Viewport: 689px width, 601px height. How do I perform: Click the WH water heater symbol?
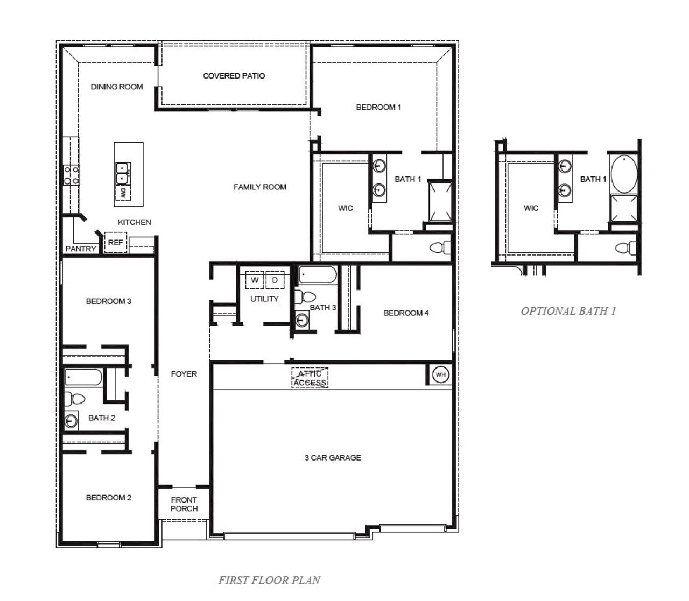[440, 375]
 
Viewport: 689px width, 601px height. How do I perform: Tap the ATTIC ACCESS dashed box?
[310, 378]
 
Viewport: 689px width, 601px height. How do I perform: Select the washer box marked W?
[255, 280]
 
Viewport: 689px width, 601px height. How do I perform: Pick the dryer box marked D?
[275, 280]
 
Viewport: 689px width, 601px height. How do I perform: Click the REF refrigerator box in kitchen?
[115, 243]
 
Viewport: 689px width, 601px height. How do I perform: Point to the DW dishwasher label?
[123, 192]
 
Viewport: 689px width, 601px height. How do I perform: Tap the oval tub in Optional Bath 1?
[624, 174]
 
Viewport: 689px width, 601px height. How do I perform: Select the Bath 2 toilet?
[75, 399]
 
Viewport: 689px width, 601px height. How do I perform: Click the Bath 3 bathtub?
[318, 274]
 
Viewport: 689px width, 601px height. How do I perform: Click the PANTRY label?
[80, 249]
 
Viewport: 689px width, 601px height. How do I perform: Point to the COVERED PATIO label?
[234, 76]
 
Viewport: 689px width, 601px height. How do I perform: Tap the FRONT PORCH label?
[184, 504]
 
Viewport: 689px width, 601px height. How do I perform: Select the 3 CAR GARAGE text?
[333, 457]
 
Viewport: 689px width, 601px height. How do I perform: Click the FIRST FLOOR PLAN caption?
[269, 580]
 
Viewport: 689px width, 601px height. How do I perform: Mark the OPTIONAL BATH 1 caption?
[568, 310]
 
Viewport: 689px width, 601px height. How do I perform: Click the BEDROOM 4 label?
[406, 313]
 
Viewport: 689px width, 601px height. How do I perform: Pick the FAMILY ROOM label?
[259, 187]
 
